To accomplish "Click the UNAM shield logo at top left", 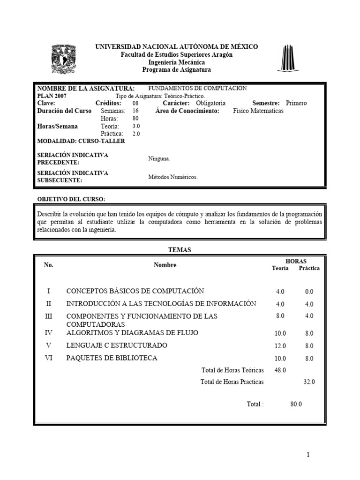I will [x=63, y=59].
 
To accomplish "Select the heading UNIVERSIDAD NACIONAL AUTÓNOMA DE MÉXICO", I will [x=177, y=47].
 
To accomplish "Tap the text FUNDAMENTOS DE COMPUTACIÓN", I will [x=197, y=88].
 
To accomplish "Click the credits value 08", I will [x=135, y=103].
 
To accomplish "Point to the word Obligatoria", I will [x=210, y=103].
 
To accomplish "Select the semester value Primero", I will [x=296, y=103].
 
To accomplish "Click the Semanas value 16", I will [x=136, y=111].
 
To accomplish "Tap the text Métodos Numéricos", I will [x=173, y=177].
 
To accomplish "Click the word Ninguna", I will [x=159, y=159].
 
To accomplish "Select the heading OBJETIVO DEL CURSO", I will [x=71, y=199].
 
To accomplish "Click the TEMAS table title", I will [x=180, y=250].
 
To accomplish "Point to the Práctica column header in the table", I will [x=309, y=268].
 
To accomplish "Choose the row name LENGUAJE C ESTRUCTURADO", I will [x=117, y=345].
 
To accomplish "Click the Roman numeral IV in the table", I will [x=49, y=333].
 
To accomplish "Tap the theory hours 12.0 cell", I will [x=280, y=346].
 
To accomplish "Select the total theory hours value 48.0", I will [x=280, y=370].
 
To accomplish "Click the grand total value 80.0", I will [x=296, y=404].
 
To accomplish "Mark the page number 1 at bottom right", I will [x=308, y=455].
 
